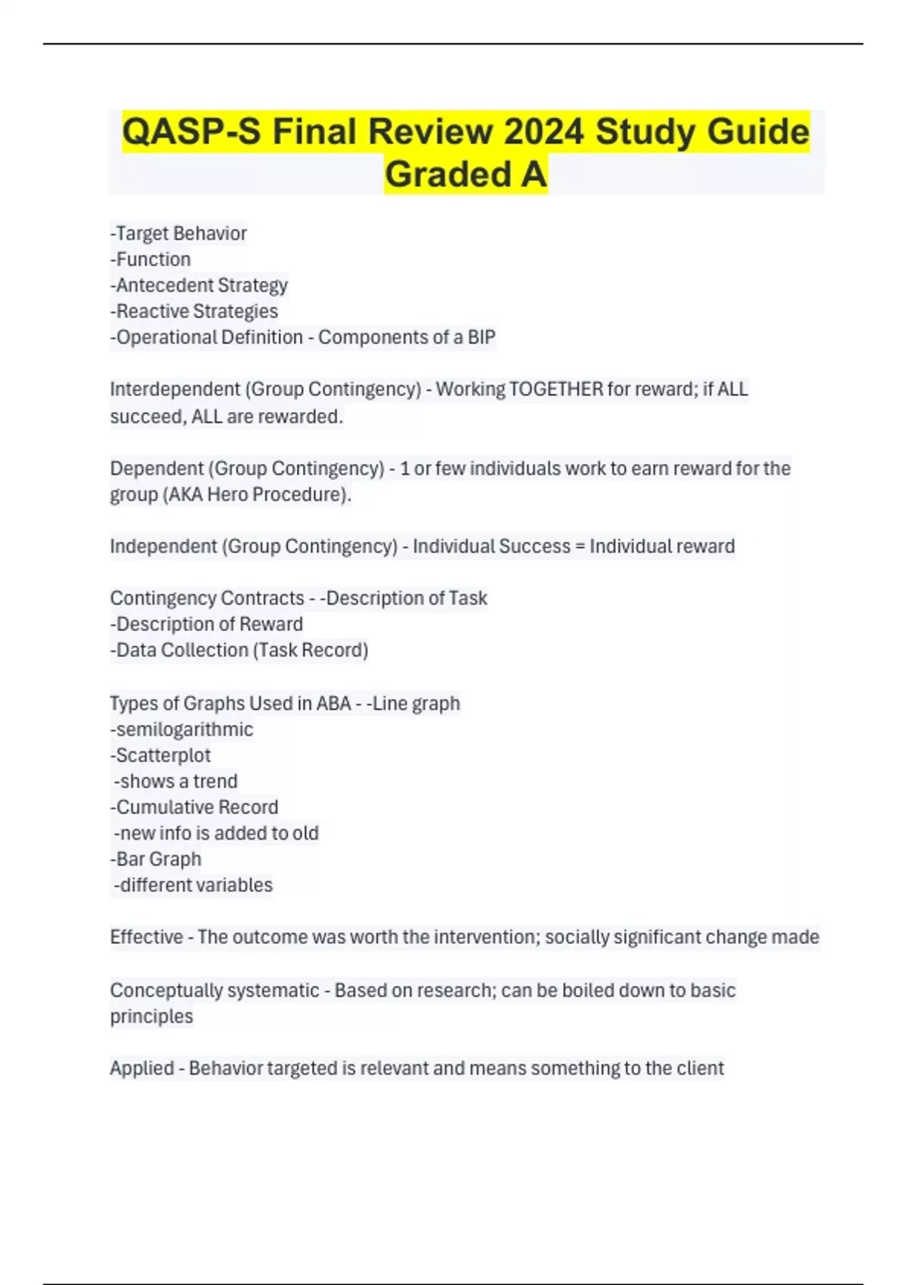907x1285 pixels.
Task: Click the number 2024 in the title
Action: point(543,132)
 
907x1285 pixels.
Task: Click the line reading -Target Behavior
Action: point(178,234)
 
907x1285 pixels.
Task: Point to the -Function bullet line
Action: point(150,259)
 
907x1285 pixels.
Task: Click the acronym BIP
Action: point(481,337)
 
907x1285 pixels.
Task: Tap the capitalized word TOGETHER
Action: point(556,389)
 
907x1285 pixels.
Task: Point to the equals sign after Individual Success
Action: point(580,547)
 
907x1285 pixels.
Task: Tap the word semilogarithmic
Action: point(184,729)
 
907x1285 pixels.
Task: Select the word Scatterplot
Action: point(163,755)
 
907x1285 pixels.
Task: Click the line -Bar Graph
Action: point(156,859)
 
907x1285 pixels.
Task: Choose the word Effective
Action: point(146,937)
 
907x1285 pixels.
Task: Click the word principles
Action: point(151,1017)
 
